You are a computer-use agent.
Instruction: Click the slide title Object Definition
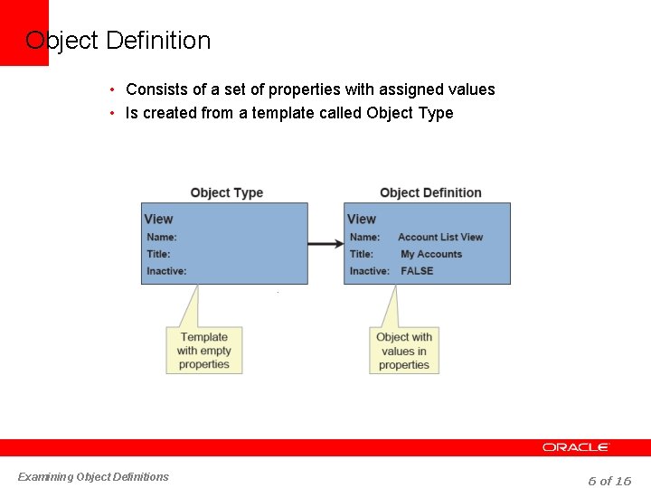click(x=118, y=41)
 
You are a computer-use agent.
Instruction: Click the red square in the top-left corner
click(x=24, y=33)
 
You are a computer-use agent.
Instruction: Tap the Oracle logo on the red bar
click(x=576, y=447)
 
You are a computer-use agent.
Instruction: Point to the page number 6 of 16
click(x=609, y=481)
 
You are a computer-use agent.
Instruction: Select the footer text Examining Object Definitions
click(x=93, y=476)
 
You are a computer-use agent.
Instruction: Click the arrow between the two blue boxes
click(x=325, y=243)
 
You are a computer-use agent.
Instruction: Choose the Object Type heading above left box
click(x=226, y=192)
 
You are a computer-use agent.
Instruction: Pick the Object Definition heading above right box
click(x=430, y=192)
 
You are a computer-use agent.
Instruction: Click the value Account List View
click(x=440, y=237)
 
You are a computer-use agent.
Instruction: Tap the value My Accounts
click(x=431, y=254)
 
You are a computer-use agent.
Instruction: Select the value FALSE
click(x=417, y=271)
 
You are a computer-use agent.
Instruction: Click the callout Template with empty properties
click(x=204, y=351)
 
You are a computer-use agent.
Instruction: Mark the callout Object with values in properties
click(x=404, y=351)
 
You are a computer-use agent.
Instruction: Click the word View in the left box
click(x=158, y=219)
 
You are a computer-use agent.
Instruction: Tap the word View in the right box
click(x=362, y=219)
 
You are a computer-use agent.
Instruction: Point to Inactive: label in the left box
click(x=166, y=271)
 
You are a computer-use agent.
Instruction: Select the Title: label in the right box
click(x=362, y=254)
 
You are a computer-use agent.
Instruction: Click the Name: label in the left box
click(x=162, y=237)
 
